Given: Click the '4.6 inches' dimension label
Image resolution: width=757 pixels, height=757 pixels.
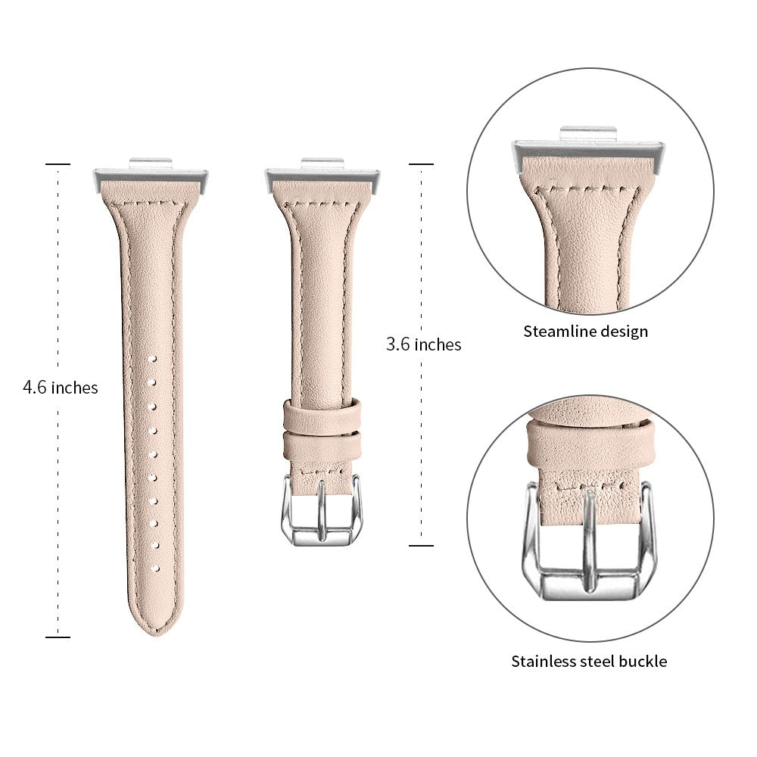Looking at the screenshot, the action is tap(61, 387).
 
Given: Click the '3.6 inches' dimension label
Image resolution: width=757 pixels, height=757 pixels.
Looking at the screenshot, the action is tap(423, 344).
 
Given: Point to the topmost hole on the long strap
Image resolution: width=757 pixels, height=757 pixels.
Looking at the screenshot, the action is tap(153, 359).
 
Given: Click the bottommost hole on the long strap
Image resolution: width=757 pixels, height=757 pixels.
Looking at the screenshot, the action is tap(155, 569).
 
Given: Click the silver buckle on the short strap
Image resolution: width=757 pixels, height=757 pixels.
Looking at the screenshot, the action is tap(321, 511).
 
